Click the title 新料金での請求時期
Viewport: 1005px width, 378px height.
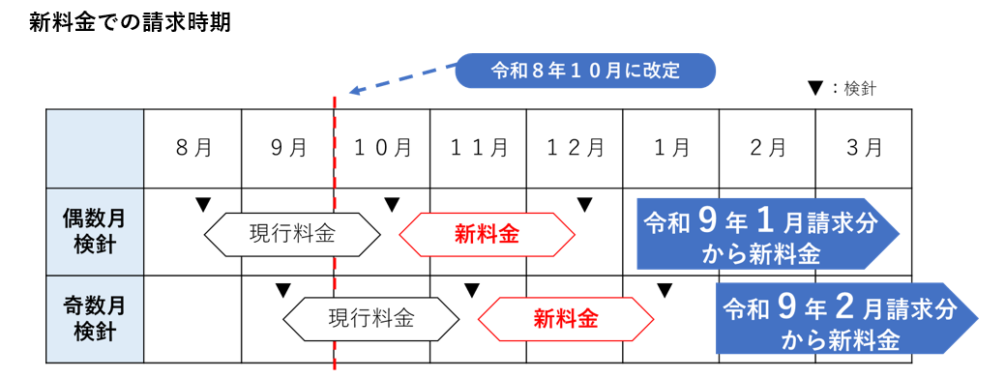tap(130, 22)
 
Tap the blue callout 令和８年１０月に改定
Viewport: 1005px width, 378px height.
tap(586, 70)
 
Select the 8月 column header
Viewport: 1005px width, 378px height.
tap(193, 148)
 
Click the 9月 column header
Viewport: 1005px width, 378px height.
tap(288, 148)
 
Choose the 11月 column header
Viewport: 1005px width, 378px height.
tap(478, 148)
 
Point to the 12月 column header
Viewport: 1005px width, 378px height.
tap(575, 148)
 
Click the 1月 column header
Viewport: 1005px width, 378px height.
tap(670, 148)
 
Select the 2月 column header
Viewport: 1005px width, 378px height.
tap(767, 148)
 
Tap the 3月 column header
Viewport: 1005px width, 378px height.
tap(863, 148)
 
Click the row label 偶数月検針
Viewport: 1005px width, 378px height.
tap(95, 232)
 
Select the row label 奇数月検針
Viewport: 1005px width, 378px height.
tap(95, 318)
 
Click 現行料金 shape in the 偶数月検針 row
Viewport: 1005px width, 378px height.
tap(292, 234)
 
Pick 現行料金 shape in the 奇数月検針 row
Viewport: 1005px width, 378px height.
tap(370, 318)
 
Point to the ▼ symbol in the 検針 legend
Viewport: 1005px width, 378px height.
tap(814, 89)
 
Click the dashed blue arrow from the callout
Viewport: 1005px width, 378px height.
tap(401, 78)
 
